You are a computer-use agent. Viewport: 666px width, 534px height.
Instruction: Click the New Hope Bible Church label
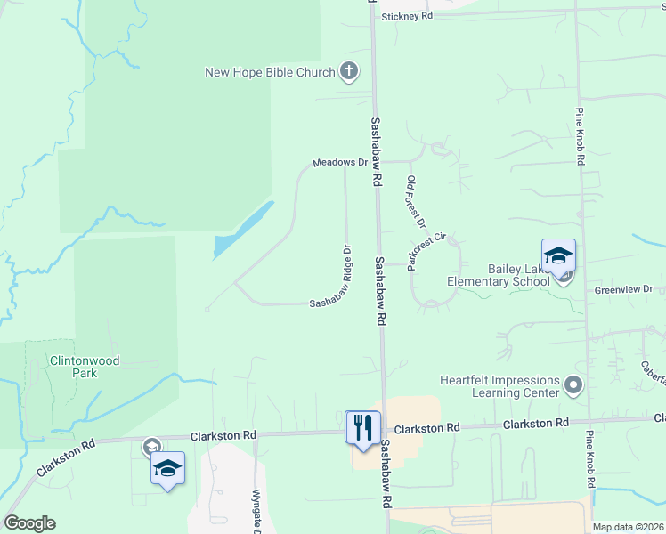tap(270, 72)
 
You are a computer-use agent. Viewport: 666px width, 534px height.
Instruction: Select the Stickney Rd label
tap(407, 17)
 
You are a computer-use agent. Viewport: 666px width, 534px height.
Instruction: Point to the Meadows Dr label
tap(340, 163)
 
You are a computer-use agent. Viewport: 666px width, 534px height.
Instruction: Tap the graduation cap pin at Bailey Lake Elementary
tap(558, 255)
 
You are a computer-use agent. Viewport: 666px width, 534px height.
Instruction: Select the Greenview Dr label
tap(624, 290)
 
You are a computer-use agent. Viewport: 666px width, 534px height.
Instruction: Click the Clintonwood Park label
tap(85, 367)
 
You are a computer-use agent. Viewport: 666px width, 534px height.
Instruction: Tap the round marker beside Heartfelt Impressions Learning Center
tap(573, 386)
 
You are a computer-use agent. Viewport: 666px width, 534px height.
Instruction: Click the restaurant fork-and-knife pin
tap(363, 427)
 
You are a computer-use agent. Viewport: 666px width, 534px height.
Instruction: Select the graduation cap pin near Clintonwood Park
tap(166, 468)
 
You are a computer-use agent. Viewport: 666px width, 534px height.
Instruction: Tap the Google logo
tap(29, 523)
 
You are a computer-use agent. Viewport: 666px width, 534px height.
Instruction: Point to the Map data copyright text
tap(629, 527)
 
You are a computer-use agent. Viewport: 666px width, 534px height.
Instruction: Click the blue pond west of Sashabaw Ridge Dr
tap(242, 229)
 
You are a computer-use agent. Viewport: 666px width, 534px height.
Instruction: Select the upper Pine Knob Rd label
tap(579, 137)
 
